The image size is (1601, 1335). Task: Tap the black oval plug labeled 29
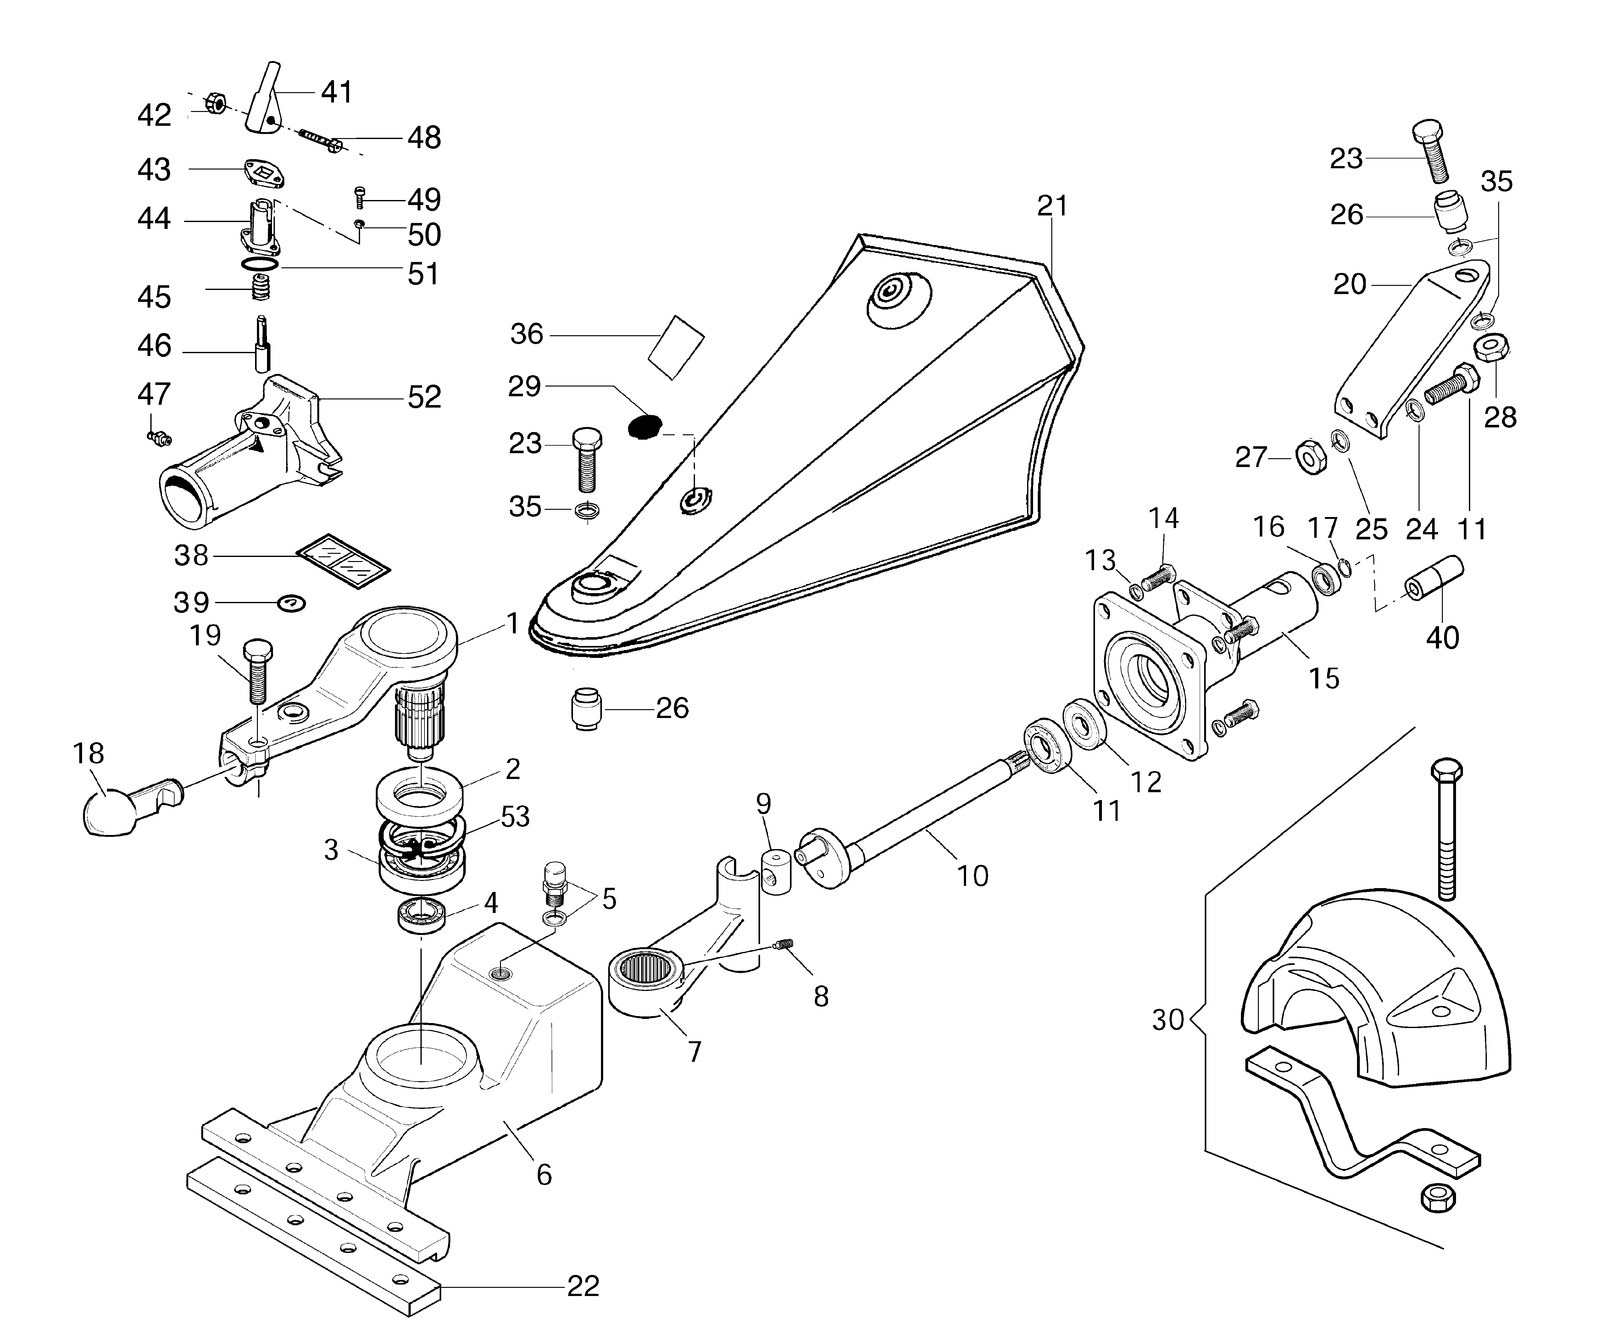pos(644,427)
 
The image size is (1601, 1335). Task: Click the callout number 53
pos(514,816)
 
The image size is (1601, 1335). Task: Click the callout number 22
pos(583,1286)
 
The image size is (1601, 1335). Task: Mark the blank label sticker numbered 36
pos(676,347)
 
